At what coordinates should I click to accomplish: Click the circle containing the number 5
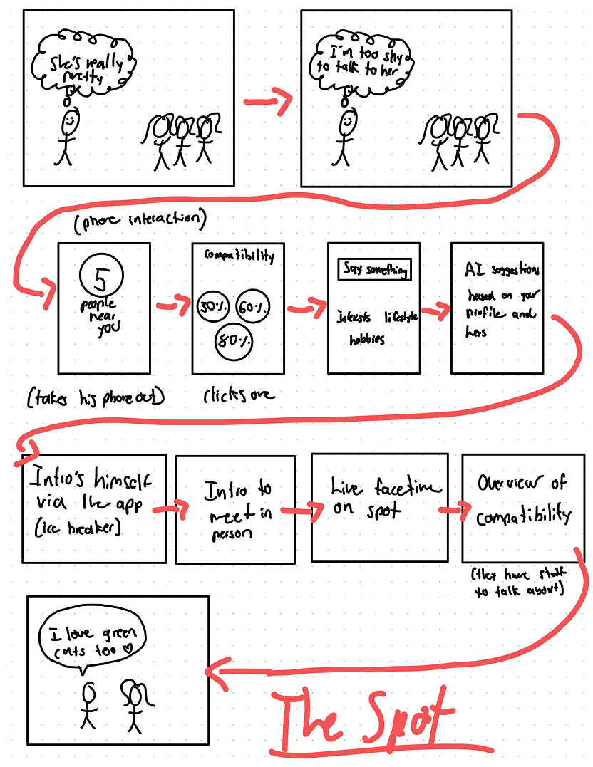103,276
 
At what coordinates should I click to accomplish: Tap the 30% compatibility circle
212,307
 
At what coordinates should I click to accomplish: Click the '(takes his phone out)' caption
96,397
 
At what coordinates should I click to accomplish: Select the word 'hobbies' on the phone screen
367,340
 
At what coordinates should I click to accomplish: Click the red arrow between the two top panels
268,104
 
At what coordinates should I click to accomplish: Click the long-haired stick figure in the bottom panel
134,701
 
